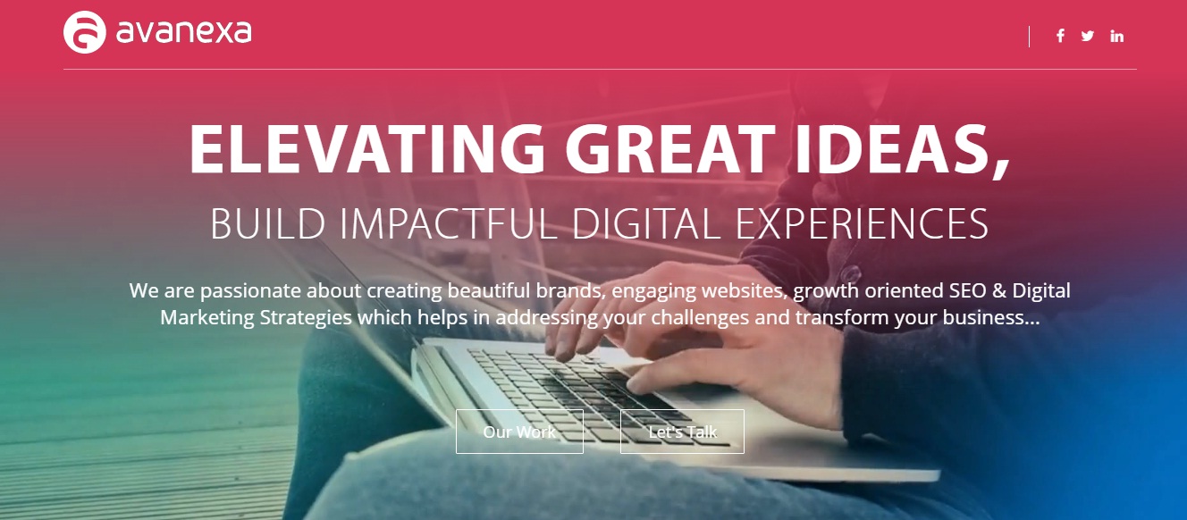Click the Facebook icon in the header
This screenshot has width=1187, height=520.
click(x=1060, y=36)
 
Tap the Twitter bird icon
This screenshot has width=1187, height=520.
click(x=1088, y=36)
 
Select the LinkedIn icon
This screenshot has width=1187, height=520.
click(x=1117, y=36)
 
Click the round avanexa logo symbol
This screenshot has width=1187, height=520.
click(x=85, y=32)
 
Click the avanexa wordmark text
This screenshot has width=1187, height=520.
click(x=183, y=32)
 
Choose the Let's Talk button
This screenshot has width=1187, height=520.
click(x=682, y=432)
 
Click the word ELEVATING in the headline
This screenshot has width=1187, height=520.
click(x=366, y=149)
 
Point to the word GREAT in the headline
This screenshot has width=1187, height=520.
click(x=669, y=149)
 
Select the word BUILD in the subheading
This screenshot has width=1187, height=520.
click(x=267, y=224)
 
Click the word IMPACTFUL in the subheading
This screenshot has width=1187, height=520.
click(x=449, y=224)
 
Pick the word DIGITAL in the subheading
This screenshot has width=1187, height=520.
click(x=646, y=224)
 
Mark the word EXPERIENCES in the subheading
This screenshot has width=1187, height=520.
click(x=862, y=224)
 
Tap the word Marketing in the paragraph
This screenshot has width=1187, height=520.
click(x=206, y=318)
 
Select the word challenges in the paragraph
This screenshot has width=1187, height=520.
click(x=700, y=318)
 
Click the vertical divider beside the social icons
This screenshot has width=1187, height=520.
click(x=1029, y=37)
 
